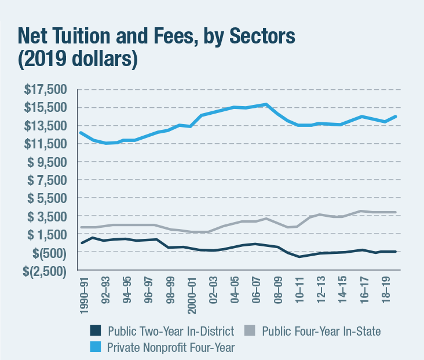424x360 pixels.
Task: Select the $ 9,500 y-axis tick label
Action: pos(46,162)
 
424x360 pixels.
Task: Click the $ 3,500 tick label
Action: pos(46,216)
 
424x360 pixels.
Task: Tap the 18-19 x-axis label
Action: pos(386,290)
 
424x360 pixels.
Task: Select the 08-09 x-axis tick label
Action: pos(279,290)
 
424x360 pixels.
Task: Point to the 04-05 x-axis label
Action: pos(235,290)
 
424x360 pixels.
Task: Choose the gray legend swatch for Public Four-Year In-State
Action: pos(249,331)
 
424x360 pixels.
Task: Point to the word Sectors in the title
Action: pos(259,37)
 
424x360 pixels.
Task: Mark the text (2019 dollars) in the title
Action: pos(77,60)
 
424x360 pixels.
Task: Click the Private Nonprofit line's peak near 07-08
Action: pos(265,104)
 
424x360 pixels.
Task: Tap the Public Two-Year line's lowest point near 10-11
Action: pos(299,257)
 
